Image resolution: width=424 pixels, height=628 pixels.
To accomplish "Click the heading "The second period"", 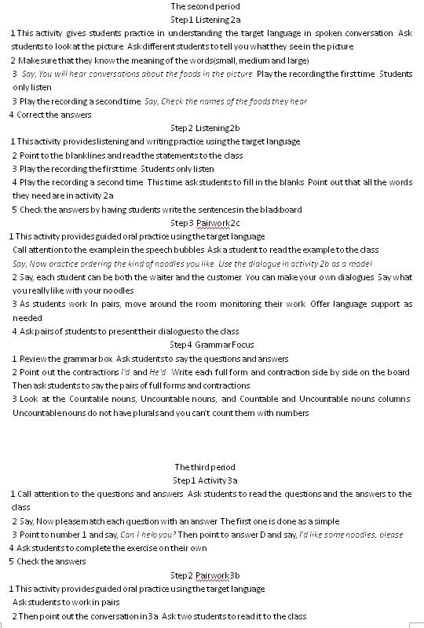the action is click(x=205, y=7).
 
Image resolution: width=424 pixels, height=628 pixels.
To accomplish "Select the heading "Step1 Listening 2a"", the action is click(x=206, y=20).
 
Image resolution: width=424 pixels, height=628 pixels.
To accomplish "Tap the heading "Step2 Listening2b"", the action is click(x=205, y=128).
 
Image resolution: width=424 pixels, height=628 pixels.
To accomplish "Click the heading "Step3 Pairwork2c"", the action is click(x=206, y=223).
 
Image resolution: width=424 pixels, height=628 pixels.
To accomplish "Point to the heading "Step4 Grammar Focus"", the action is click(x=206, y=345).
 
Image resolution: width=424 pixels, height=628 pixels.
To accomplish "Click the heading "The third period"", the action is click(x=205, y=467).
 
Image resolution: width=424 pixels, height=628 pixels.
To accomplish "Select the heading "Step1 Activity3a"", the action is click(x=205, y=480).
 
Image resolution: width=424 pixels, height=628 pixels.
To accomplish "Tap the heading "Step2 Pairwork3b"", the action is click(x=206, y=575).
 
